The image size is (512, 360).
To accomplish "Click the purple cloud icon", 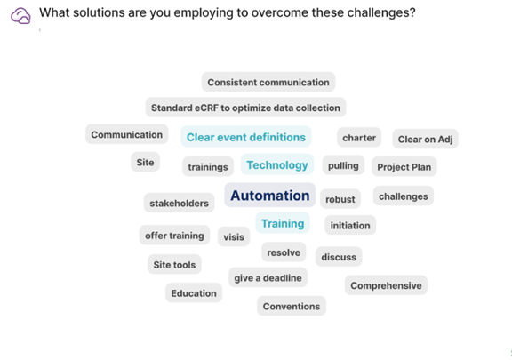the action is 20,16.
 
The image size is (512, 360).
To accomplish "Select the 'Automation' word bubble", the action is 269,196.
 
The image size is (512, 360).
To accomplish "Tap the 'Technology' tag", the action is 277,164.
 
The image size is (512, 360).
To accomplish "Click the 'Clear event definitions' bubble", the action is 246,137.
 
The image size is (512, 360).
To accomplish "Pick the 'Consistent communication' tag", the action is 268,82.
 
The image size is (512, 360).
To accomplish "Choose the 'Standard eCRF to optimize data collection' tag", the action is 245,108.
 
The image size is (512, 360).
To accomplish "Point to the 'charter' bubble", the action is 359,138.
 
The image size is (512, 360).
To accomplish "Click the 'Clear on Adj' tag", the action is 425,139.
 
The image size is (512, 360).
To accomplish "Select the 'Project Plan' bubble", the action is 404,166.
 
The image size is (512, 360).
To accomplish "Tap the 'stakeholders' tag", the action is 179,203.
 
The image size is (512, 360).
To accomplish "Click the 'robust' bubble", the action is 340,199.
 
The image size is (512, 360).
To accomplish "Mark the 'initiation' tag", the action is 350,225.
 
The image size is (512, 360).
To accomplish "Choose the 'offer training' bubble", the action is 174,236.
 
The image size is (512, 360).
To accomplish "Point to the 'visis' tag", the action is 234,236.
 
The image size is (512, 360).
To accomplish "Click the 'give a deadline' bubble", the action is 268,277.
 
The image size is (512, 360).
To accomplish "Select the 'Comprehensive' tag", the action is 386,285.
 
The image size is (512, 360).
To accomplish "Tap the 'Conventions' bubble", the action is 292,306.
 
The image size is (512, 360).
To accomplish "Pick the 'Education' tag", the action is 194,293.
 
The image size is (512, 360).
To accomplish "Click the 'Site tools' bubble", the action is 174,264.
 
